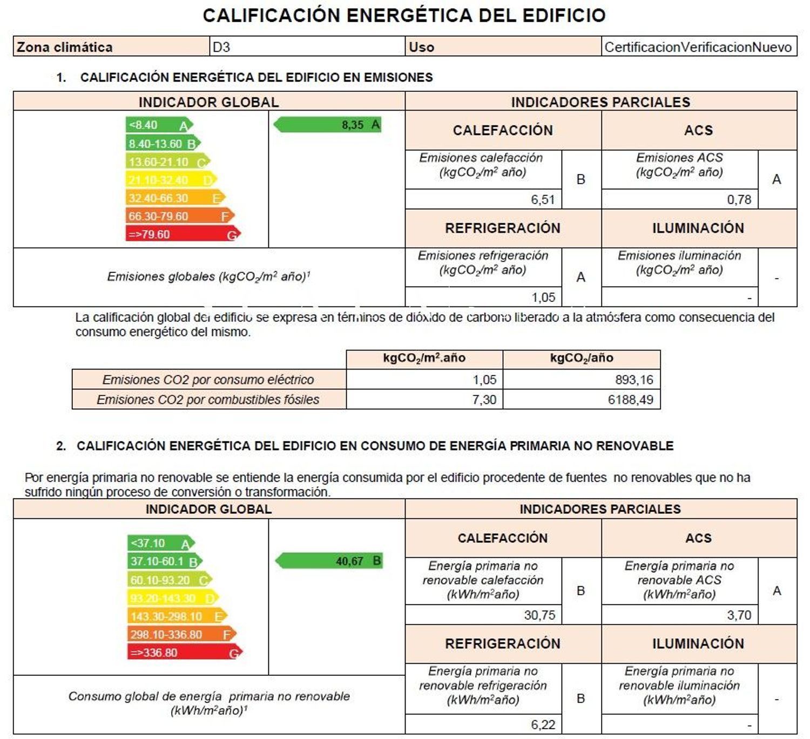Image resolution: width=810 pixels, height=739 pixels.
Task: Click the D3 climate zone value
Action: [x=221, y=47]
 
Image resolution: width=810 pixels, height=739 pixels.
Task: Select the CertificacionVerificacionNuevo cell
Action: [x=698, y=47]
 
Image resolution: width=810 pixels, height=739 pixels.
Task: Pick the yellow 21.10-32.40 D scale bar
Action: [x=170, y=180]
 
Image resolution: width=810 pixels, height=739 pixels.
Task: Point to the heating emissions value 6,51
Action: [x=542, y=199]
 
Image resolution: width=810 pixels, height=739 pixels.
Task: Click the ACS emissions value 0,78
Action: [x=739, y=199]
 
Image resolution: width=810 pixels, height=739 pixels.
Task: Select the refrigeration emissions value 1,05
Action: [x=543, y=297]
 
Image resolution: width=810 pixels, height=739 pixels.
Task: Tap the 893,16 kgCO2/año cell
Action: [x=634, y=380]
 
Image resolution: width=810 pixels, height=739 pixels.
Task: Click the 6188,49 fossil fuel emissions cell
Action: [x=630, y=400]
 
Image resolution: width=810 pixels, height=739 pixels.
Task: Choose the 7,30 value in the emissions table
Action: [x=484, y=400]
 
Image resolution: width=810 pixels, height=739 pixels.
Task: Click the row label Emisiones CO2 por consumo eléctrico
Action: [x=208, y=380]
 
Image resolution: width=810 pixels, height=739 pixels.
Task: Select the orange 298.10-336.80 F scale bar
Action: [x=181, y=634]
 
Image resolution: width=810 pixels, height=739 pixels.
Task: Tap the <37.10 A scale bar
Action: [x=160, y=543]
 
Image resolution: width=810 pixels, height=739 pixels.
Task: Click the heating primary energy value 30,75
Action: [x=539, y=615]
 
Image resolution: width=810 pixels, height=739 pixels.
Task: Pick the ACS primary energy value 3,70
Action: [x=739, y=615]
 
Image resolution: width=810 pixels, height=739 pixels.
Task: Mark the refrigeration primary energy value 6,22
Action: [x=543, y=724]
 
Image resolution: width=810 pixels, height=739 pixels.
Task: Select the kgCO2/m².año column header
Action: [x=424, y=358]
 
